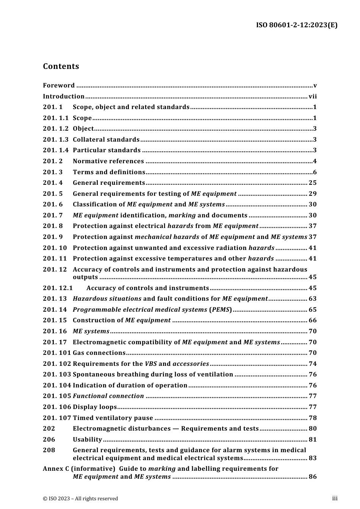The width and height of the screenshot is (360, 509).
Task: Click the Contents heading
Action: click(61, 66)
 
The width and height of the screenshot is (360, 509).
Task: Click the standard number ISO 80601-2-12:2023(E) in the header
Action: click(297, 25)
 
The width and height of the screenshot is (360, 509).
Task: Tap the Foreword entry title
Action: click(59, 85)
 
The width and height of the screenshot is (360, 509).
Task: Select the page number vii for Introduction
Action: click(313, 96)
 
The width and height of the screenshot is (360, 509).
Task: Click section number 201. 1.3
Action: click(56, 139)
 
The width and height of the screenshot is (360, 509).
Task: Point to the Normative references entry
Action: click(108, 161)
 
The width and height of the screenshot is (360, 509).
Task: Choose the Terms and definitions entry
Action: click(109, 172)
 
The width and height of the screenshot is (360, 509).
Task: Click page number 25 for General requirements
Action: click(313, 183)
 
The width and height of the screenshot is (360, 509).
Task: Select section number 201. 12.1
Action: click(58, 288)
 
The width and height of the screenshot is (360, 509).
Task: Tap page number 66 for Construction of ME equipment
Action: click(313, 320)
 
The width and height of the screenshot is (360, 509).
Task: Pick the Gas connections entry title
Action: click(99, 353)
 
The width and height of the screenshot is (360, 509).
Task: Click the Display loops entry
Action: click(95, 407)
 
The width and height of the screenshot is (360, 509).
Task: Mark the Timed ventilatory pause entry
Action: click(113, 418)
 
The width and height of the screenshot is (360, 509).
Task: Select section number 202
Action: click(49, 428)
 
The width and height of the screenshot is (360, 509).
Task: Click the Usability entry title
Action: click(88, 439)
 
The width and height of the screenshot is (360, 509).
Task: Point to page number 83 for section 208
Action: click(313, 458)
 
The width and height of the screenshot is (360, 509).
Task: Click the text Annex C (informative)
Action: click(79, 468)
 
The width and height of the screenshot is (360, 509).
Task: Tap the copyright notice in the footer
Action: click(80, 498)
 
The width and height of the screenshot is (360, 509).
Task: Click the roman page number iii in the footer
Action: click(335, 498)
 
